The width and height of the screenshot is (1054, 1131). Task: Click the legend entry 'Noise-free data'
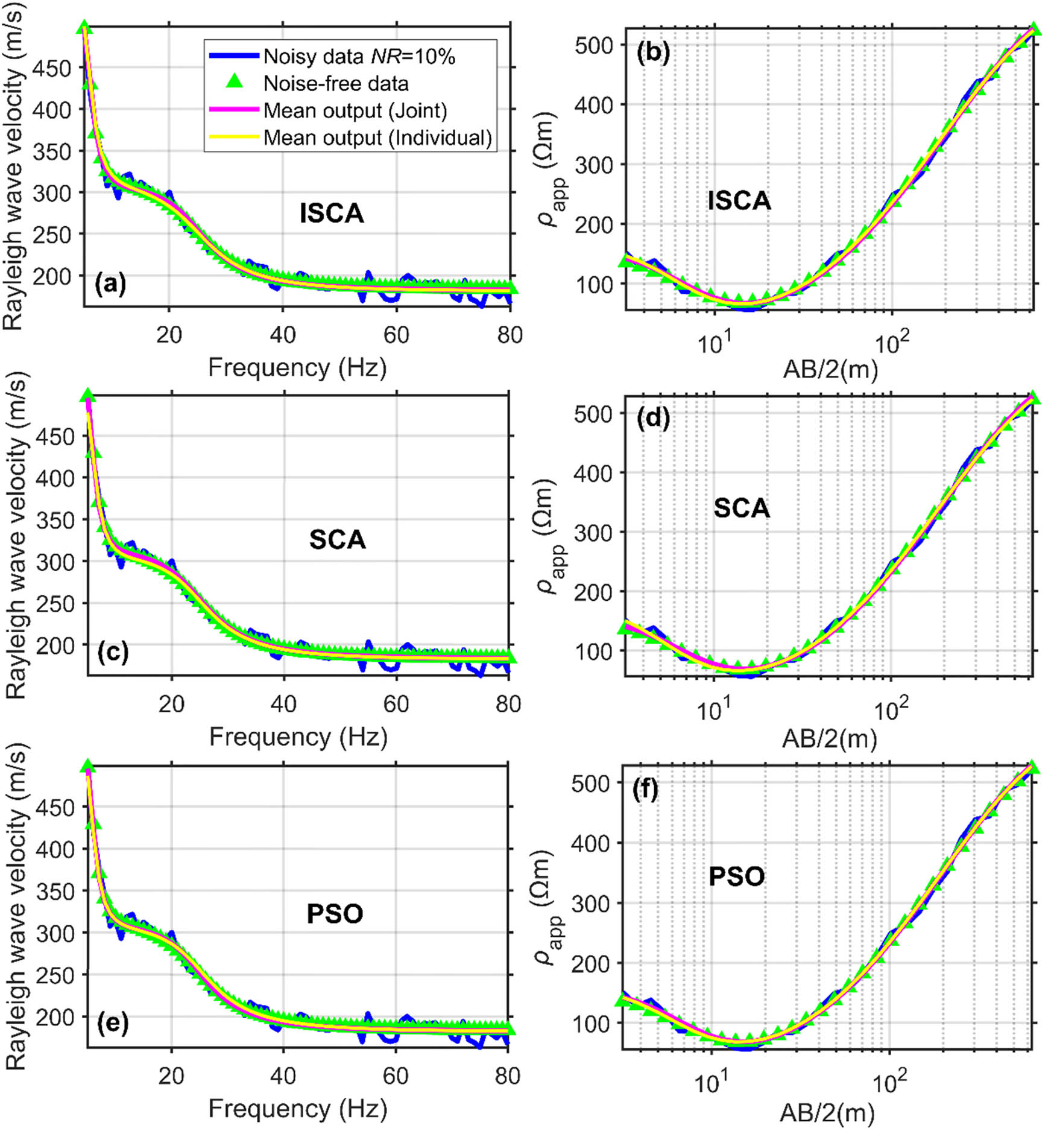click(336, 83)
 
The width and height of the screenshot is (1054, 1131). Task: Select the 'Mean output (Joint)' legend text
click(355, 110)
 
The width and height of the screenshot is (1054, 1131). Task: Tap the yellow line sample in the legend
click(234, 138)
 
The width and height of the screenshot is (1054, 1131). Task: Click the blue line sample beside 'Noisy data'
click(234, 56)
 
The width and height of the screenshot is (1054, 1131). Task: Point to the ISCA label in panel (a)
click(332, 214)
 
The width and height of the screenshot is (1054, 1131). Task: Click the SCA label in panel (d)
click(742, 508)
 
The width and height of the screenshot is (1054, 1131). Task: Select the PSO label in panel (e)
click(335, 914)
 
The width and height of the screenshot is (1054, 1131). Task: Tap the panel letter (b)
click(653, 54)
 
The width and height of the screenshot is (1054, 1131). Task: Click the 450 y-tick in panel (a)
click(51, 68)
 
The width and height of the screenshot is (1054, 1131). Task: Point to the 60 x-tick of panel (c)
click(396, 703)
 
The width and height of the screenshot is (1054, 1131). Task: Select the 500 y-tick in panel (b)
click(594, 45)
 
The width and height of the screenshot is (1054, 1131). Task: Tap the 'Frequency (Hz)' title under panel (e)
click(298, 1109)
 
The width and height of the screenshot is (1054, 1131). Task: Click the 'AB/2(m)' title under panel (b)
click(830, 369)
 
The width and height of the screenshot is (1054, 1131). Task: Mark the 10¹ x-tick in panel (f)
click(712, 1081)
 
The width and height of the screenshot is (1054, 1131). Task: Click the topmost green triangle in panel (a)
click(84, 27)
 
